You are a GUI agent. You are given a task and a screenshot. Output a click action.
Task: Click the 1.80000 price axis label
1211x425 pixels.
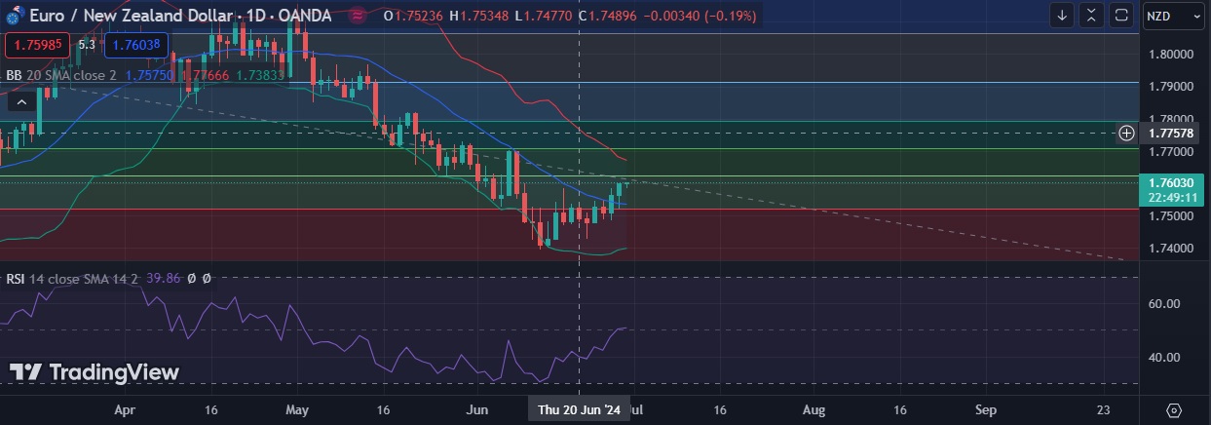tap(1171, 55)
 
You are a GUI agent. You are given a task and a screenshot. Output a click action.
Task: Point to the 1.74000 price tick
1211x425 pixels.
tap(1171, 248)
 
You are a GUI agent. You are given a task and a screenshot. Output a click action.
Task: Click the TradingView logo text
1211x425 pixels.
tap(95, 372)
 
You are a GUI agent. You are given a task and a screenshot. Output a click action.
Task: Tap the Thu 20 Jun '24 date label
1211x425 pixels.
tap(579, 410)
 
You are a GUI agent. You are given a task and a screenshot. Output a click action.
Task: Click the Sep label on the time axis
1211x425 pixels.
tap(985, 410)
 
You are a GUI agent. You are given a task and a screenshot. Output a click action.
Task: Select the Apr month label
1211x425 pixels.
tap(124, 410)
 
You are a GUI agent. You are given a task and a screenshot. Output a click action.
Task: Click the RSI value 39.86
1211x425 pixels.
tap(163, 279)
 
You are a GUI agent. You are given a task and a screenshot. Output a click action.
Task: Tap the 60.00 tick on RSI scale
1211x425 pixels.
tap(1165, 303)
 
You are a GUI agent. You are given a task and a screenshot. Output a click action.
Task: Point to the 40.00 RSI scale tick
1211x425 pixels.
tap(1165, 357)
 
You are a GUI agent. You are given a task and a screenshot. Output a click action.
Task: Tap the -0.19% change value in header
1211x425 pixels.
tap(731, 16)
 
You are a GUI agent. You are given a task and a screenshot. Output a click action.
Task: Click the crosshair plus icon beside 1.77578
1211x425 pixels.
tap(1127, 133)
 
